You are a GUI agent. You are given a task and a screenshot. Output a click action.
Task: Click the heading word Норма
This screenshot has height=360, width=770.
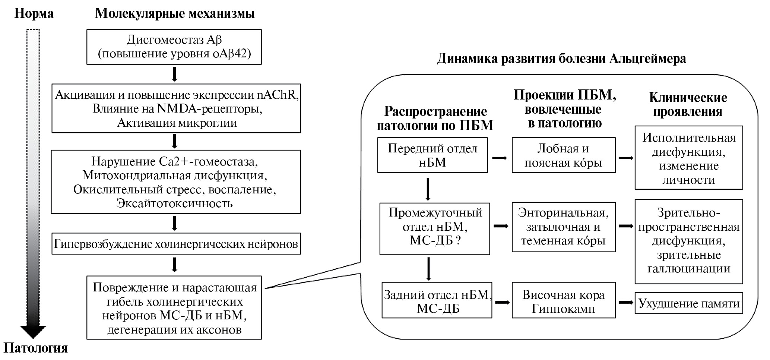click(x=34, y=14)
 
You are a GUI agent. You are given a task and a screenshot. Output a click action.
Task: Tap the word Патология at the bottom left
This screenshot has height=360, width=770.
click(x=36, y=348)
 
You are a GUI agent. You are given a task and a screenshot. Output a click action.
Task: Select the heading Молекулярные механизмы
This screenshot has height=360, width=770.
click(x=175, y=14)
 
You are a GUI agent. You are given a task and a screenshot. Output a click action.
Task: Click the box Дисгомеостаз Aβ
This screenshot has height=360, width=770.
click(x=174, y=47)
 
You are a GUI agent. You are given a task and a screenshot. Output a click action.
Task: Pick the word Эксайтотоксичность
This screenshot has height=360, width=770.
click(x=175, y=203)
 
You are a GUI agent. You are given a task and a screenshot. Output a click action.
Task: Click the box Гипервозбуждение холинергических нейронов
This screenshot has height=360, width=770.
click(x=176, y=244)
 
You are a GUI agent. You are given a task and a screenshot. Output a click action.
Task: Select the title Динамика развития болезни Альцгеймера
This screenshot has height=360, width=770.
click(x=561, y=59)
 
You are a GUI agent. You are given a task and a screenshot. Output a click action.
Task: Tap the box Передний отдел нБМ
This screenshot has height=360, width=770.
click(x=432, y=155)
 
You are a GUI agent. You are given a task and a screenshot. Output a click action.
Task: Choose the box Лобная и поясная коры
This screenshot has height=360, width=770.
click(x=563, y=155)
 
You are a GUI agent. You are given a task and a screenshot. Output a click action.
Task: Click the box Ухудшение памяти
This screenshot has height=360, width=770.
click(x=689, y=303)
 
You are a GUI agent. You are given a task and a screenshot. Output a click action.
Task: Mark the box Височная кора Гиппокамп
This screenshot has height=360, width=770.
click(x=563, y=301)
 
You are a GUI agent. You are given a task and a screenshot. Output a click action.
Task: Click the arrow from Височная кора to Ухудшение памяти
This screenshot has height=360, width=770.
click(x=625, y=303)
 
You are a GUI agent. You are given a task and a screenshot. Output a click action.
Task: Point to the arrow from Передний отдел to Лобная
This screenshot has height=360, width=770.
click(x=500, y=158)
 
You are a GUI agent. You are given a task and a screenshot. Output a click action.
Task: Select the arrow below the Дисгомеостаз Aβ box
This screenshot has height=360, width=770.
click(x=174, y=74)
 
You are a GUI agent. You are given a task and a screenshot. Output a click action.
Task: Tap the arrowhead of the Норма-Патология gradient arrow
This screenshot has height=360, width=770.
click(x=33, y=332)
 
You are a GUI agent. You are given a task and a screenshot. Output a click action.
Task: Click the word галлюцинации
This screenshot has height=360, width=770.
click(x=689, y=269)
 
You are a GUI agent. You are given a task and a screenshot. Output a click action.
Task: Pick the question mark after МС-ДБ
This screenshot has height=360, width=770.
click(x=458, y=240)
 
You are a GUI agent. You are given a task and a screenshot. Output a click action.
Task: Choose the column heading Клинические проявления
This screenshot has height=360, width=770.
click(x=688, y=104)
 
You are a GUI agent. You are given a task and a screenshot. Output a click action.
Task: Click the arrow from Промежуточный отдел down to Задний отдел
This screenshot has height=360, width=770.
click(x=428, y=268)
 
